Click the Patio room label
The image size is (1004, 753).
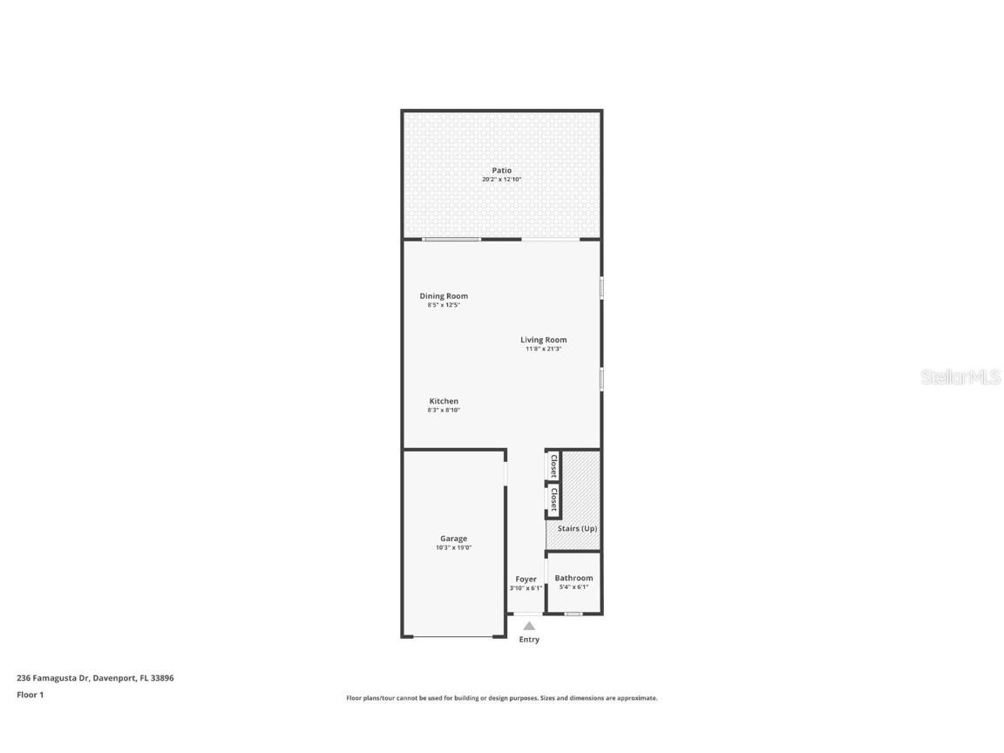coord(501,171)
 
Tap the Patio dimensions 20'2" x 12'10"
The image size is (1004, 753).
coord(501,180)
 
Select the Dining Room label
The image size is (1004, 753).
coord(444,296)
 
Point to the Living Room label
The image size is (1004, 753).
coord(544,340)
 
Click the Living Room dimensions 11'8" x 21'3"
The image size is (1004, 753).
coord(544,349)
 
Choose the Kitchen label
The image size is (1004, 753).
coord(444,402)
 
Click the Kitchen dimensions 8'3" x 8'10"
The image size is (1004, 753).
coord(444,410)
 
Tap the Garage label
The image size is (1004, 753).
coord(453,539)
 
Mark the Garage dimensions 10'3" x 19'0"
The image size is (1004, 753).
coord(453,548)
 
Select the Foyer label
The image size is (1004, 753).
coord(526,580)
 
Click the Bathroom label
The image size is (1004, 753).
coord(573,578)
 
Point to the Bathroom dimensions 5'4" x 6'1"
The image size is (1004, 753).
coord(573,587)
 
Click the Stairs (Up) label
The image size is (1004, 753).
coord(577,529)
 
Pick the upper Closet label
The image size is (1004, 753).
coord(553,466)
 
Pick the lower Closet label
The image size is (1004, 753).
coord(553,499)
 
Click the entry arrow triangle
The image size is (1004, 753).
coord(529,626)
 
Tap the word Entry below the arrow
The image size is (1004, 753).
coord(529,640)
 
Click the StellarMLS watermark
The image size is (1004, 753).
coord(961,377)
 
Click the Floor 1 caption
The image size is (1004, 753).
coord(30,695)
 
